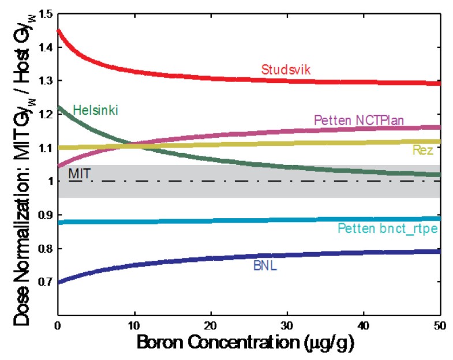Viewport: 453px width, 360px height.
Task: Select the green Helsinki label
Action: pyautogui.click(x=95, y=110)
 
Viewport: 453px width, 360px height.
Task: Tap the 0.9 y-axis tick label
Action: pyautogui.click(x=43, y=215)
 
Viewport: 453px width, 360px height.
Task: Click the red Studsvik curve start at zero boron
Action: pyautogui.click(x=58, y=30)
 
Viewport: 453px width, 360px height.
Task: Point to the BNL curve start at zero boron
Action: pyautogui.click(x=58, y=282)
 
